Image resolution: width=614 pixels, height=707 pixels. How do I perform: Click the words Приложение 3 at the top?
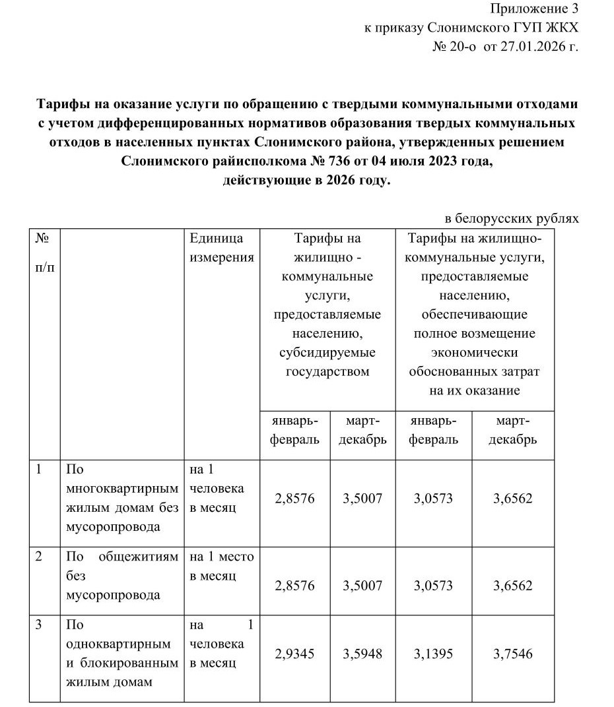coord(533,9)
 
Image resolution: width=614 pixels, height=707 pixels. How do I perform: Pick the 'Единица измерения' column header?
coord(222,248)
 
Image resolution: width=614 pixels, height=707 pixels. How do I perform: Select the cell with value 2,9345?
coord(295,654)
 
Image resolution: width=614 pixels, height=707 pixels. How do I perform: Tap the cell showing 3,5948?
coord(362,654)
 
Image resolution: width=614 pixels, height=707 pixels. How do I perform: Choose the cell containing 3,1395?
coord(434,654)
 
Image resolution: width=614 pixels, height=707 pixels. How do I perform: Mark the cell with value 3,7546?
coord(513,654)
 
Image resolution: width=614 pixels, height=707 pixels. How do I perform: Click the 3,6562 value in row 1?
coord(513,499)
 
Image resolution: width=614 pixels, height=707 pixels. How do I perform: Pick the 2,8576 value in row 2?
coord(295,586)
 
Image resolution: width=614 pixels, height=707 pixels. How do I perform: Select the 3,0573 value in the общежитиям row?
coord(434,586)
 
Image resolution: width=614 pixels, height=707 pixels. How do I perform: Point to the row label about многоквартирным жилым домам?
coord(123,499)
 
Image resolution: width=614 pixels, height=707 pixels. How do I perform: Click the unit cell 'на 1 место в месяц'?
coord(222,567)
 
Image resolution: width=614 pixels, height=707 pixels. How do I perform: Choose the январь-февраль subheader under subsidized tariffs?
coord(295,430)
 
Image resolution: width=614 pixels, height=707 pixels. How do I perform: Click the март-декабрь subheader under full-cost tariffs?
coord(513,430)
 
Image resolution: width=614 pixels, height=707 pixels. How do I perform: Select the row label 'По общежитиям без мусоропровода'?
coord(123,576)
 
